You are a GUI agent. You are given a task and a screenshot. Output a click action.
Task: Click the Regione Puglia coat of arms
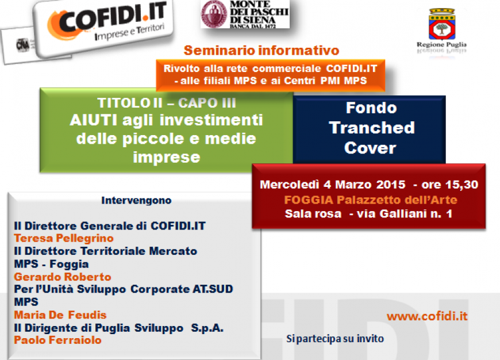441,24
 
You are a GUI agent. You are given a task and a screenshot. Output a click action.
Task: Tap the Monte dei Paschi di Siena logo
245,14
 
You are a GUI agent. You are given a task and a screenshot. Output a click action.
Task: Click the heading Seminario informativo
261,51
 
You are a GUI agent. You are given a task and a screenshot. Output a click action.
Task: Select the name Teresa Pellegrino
64,239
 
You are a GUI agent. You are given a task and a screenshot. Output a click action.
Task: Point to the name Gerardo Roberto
63,277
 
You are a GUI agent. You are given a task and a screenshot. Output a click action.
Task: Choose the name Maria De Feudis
60,315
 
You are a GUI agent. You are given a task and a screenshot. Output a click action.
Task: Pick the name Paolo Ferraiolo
57,340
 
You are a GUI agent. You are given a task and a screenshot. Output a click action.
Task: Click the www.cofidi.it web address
427,316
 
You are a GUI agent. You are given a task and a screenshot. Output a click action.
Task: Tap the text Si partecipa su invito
335,339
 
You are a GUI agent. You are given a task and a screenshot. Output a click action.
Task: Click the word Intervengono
136,201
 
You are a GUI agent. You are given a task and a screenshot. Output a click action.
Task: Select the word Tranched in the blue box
372,128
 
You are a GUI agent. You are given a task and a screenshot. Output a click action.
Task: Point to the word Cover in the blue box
370,148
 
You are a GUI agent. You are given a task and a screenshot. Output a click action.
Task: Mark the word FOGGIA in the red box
309,200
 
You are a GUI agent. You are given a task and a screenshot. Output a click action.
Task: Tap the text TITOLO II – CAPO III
167,103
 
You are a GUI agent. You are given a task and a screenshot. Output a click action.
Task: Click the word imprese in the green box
167,158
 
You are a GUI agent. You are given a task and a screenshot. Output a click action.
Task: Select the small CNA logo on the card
22,45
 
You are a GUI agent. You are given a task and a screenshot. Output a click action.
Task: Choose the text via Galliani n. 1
405,213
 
